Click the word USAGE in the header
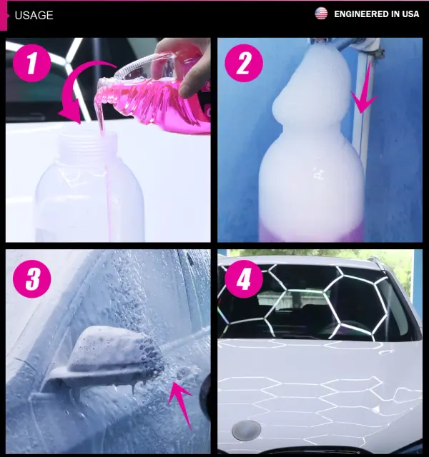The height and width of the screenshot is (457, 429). (34, 15)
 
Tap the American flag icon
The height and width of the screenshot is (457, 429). (321, 14)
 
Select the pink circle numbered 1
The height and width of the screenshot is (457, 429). (31, 63)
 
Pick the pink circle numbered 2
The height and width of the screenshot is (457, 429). (244, 63)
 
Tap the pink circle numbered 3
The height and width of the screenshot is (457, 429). (31, 278)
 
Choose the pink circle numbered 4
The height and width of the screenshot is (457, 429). (244, 278)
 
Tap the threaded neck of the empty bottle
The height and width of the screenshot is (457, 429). (87, 143)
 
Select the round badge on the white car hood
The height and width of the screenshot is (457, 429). (246, 431)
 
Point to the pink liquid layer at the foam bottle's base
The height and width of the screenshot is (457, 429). (311, 233)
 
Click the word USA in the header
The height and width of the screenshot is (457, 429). (410, 14)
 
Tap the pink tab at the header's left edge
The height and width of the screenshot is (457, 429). (4, 16)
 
